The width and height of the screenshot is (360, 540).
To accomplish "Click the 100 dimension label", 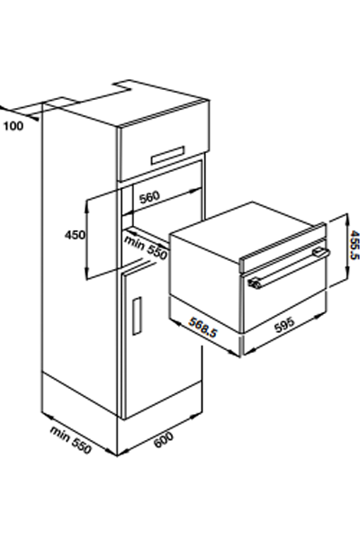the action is (x=13, y=126).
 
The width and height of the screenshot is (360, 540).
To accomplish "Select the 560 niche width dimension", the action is (x=150, y=197).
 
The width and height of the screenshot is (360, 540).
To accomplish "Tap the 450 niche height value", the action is (x=75, y=235).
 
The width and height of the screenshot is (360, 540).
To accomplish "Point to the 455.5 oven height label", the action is (x=354, y=245).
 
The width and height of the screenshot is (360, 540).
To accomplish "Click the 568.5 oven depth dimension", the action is (x=203, y=328).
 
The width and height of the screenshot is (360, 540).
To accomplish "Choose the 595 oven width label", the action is (x=284, y=324).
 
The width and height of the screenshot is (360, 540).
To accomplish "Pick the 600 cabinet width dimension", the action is (x=163, y=440).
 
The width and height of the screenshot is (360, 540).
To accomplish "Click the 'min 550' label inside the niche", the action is (x=146, y=247).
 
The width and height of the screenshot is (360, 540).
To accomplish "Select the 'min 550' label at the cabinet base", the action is (x=71, y=440).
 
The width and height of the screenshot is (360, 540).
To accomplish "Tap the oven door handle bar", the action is (x=289, y=268).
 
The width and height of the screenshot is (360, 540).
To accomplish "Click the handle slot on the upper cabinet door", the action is (x=167, y=156).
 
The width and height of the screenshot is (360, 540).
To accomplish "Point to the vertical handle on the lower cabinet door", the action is (x=137, y=316).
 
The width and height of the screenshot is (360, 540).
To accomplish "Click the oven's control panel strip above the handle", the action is (x=283, y=247).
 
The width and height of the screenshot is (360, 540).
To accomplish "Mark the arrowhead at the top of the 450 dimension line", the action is (x=87, y=204).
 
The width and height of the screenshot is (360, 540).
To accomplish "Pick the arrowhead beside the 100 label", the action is (x=34, y=119).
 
